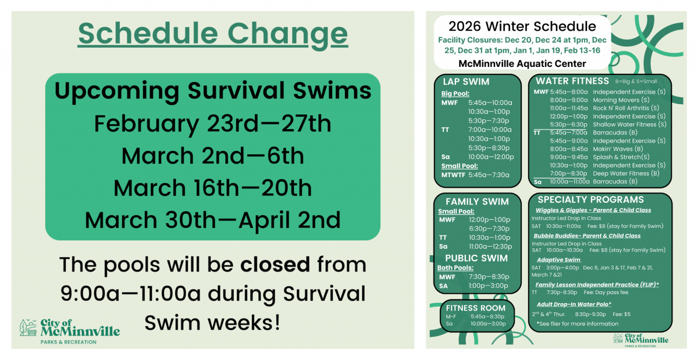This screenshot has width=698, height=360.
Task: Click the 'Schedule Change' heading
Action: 213,34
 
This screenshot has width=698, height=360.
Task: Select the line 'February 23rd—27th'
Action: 213,124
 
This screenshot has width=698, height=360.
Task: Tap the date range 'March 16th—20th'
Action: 213,188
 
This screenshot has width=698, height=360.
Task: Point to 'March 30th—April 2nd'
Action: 213,220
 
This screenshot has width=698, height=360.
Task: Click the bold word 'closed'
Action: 275,265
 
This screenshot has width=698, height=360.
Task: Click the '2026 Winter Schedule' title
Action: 522,26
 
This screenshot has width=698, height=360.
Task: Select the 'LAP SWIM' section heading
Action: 466,82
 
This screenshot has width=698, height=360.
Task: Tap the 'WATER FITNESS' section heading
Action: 572,81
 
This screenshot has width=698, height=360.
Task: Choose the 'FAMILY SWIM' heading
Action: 477,201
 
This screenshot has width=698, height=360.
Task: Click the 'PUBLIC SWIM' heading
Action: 476,258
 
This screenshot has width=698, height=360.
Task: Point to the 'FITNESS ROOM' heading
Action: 476,308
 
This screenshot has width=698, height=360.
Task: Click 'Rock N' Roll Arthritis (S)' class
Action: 626,108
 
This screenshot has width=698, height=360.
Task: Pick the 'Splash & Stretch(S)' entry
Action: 621,157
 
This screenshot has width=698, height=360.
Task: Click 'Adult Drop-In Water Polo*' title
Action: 574,304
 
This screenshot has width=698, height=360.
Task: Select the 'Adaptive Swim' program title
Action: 558,259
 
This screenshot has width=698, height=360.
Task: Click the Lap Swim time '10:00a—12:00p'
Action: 491,156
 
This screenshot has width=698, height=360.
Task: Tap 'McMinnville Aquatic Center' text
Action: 522,63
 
